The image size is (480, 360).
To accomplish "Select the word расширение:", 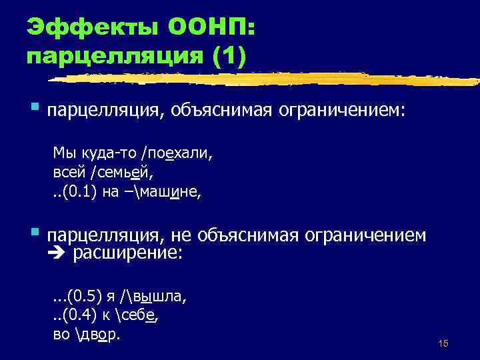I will (x=127, y=253).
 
